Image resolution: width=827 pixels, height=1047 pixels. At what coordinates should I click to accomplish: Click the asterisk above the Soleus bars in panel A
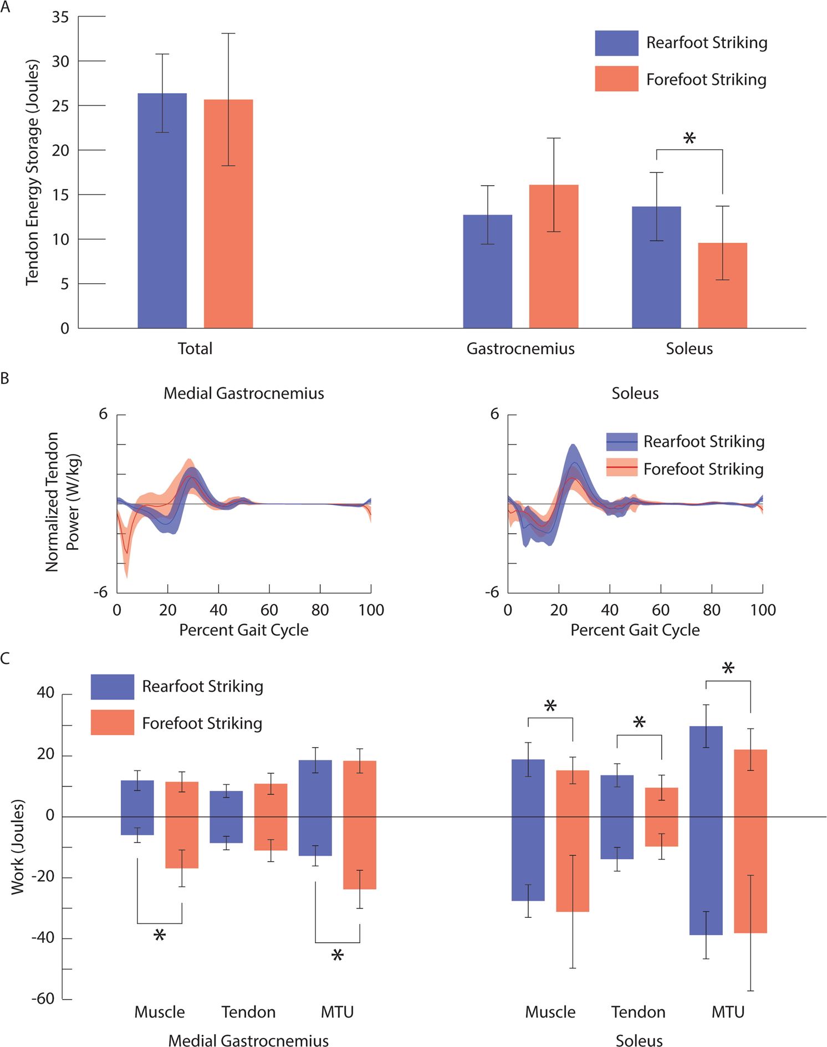[689, 139]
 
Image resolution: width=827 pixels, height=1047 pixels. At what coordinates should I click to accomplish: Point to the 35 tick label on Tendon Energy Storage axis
[60, 17]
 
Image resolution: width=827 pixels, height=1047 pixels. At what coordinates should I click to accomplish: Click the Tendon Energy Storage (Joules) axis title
[32, 172]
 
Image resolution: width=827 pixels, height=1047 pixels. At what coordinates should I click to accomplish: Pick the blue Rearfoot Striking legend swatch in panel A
[616, 43]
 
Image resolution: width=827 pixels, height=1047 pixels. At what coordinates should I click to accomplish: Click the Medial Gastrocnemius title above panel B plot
[243, 394]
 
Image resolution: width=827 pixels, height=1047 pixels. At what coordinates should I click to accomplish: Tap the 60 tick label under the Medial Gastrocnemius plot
[269, 610]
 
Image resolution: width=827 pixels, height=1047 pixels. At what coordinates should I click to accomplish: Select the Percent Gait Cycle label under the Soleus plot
[635, 630]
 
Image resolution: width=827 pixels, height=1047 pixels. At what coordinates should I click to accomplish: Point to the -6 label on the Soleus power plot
[492, 592]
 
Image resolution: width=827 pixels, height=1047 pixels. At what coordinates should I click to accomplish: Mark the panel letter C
[6, 658]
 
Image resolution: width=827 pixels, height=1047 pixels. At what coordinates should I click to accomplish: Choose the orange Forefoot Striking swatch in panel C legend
[113, 723]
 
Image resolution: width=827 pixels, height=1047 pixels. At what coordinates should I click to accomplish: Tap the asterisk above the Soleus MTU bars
[728, 669]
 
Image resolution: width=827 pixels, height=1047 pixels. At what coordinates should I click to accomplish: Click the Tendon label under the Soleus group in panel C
[638, 1012]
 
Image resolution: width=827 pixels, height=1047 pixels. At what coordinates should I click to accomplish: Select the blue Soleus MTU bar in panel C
[705, 831]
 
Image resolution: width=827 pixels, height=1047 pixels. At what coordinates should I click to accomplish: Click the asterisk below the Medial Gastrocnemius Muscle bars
[160, 936]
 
